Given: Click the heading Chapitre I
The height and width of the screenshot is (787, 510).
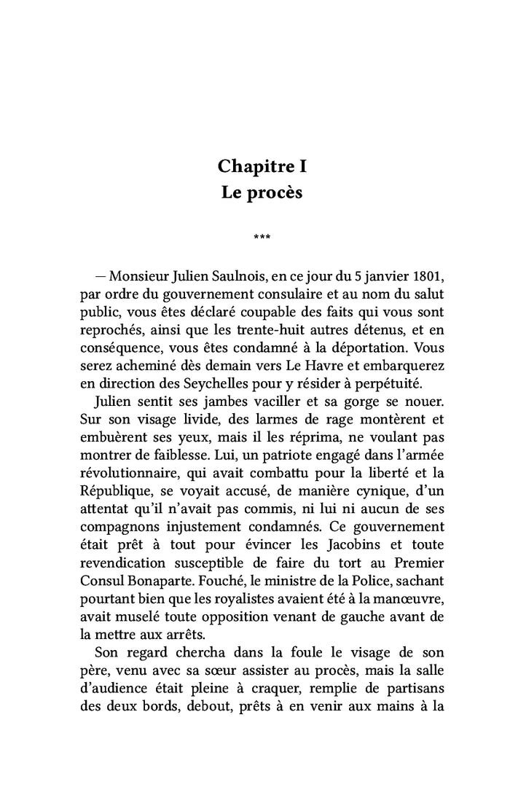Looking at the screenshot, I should coord(262,166).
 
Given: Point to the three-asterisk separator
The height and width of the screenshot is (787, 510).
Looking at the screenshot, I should coord(262,236).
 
